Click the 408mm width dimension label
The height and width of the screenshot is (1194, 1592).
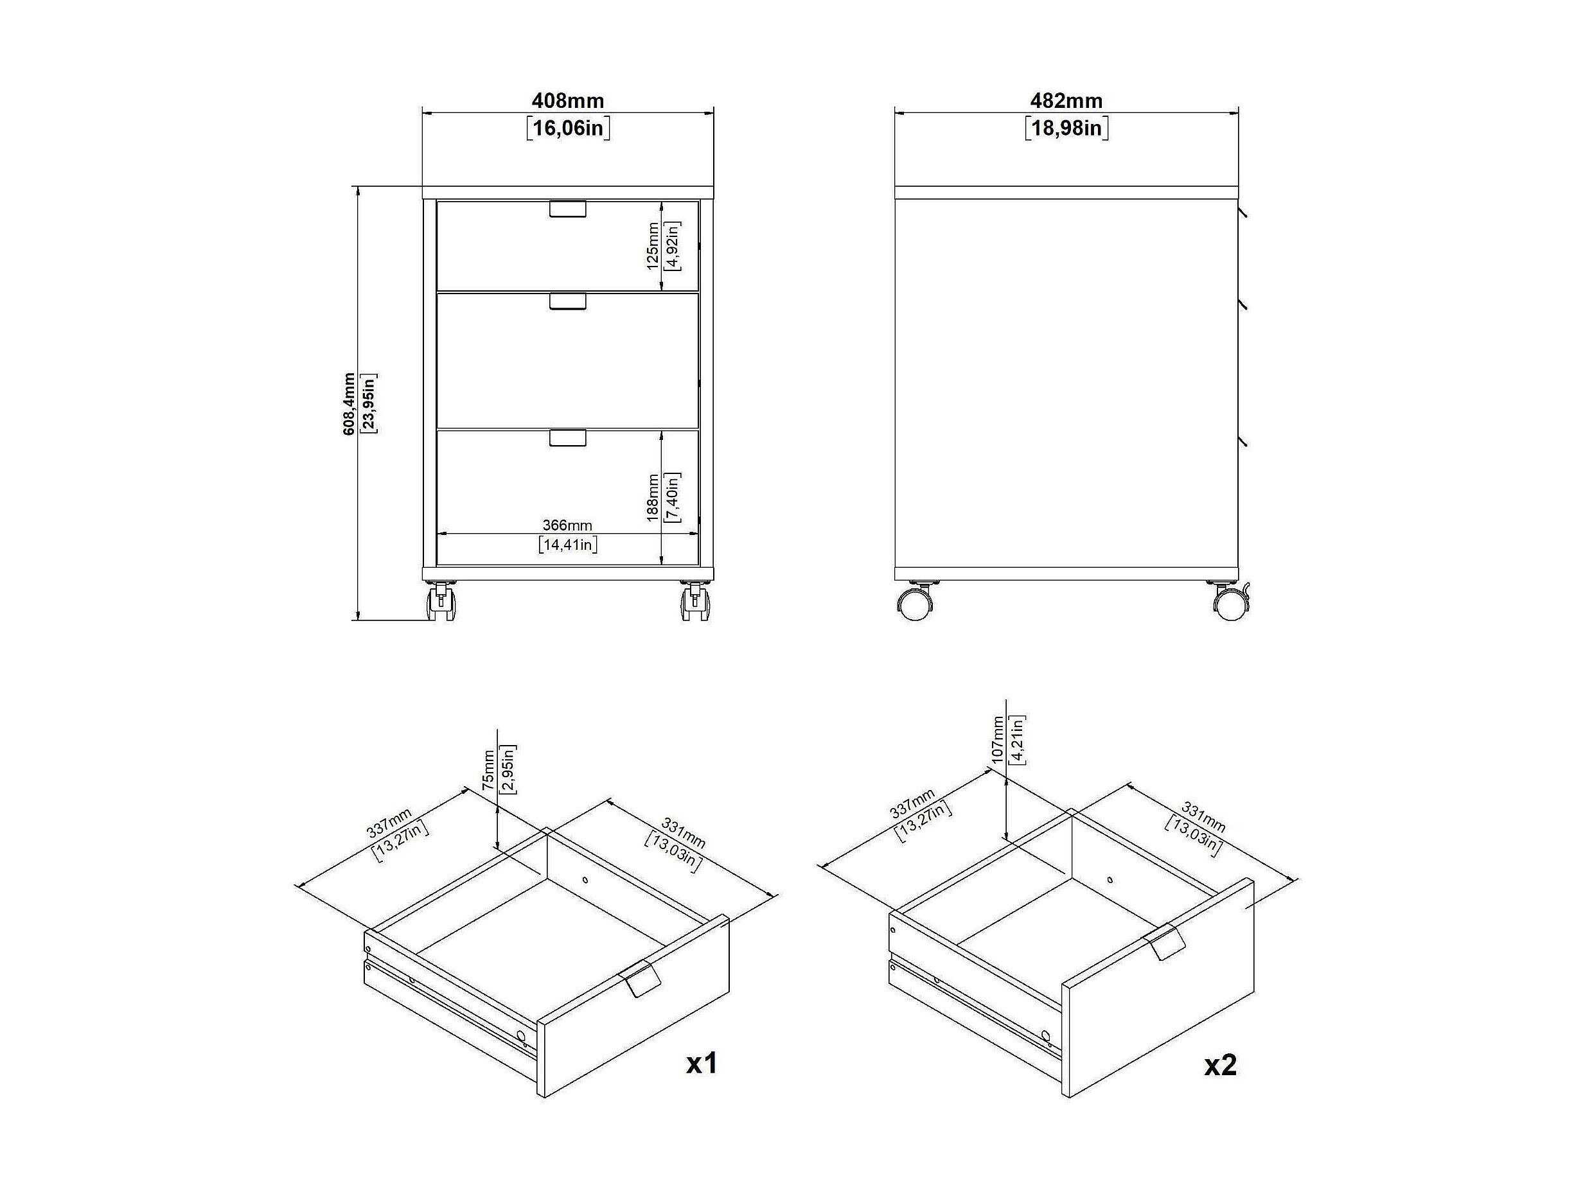point(567,101)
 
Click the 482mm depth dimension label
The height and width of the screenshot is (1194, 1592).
point(1066,101)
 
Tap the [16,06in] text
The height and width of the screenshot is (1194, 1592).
point(568,129)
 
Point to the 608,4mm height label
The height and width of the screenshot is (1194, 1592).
point(348,404)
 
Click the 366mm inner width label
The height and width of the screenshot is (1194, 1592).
point(567,525)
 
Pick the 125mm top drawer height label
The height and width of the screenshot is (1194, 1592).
point(652,246)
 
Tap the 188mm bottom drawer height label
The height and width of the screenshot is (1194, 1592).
point(652,497)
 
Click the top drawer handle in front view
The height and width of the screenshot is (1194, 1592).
point(568,209)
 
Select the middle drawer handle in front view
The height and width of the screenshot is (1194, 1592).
point(568,301)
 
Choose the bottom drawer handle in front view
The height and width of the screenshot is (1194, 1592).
point(568,437)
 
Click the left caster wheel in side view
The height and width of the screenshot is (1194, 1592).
point(915,602)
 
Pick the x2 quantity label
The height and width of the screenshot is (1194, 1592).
point(1221,1064)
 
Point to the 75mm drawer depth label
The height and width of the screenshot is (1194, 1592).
point(489,771)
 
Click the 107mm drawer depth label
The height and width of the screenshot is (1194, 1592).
point(997,739)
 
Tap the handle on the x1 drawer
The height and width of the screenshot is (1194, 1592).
point(639,977)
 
